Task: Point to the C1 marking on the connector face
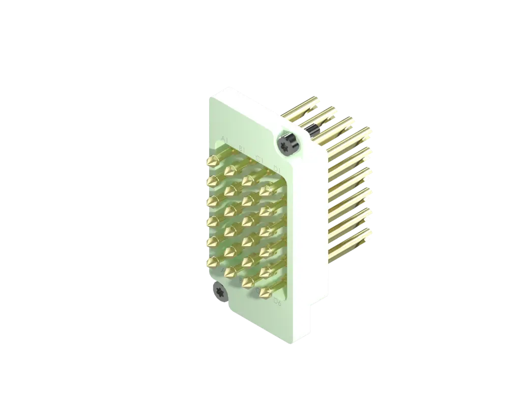[x=259, y=158]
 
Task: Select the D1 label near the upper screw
[x=277, y=168]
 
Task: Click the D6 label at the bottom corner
[x=277, y=303]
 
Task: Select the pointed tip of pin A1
[x=210, y=162]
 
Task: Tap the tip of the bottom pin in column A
[x=210, y=263]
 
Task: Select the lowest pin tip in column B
[x=228, y=272]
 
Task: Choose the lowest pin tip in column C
[x=246, y=282]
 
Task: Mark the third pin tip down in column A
[x=210, y=202]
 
